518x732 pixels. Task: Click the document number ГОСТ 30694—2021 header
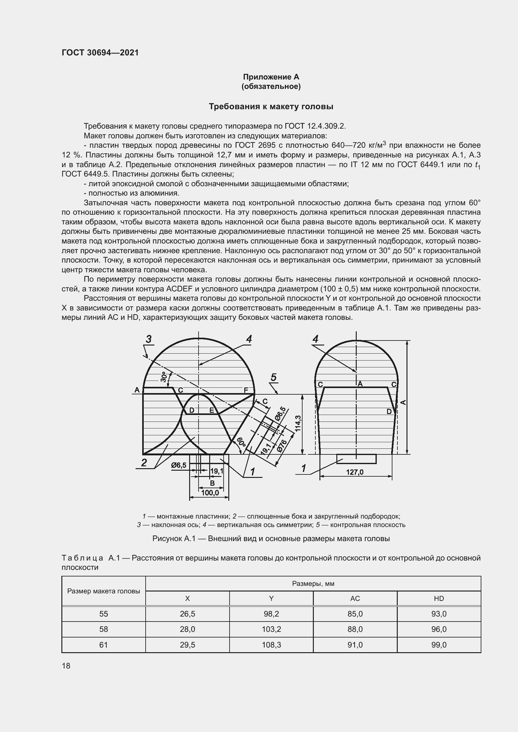pyautogui.click(x=100, y=53)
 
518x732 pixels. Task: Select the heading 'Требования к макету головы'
pyautogui.click(x=271, y=106)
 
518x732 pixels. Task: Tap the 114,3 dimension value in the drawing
pyautogui.click(x=298, y=423)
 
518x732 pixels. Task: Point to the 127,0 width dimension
pyautogui.click(x=355, y=472)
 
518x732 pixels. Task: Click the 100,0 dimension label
pyautogui.click(x=210, y=493)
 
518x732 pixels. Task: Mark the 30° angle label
pyautogui.click(x=164, y=377)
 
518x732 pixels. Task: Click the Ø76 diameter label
pyautogui.click(x=282, y=445)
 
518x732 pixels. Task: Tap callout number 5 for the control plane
pyautogui.click(x=273, y=377)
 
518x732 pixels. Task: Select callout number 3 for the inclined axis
pyautogui.click(x=149, y=339)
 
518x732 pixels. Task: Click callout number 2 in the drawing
pyautogui.click(x=144, y=462)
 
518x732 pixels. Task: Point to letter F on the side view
pyautogui.click(x=246, y=390)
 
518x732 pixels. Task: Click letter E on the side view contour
pyautogui.click(x=211, y=410)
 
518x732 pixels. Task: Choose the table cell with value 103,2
pyautogui.click(x=271, y=629)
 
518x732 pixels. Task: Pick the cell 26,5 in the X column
pyautogui.click(x=187, y=614)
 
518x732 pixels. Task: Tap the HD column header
pyautogui.click(x=438, y=598)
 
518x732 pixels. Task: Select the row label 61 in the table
pyautogui.click(x=103, y=645)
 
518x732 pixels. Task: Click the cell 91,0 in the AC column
pyautogui.click(x=355, y=645)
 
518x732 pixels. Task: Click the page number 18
pyautogui.click(x=66, y=666)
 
